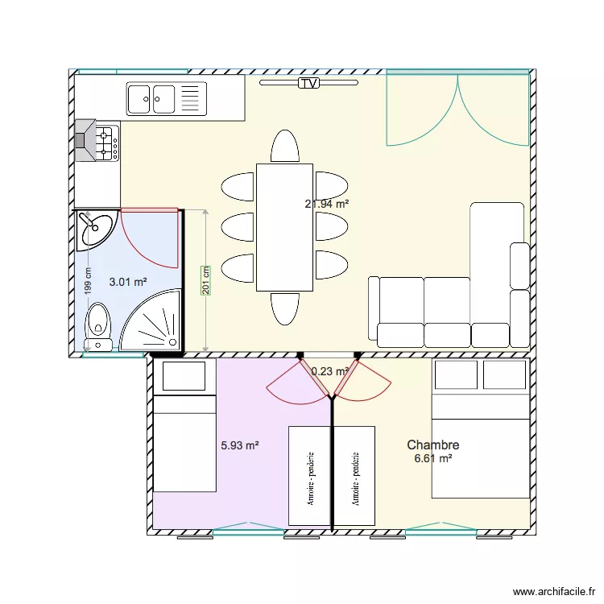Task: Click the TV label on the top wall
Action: (308, 83)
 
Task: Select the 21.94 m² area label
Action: (326, 205)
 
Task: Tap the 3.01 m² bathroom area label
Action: (128, 282)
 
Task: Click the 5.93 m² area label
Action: (239, 445)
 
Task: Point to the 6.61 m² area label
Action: (432, 458)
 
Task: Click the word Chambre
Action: (432, 445)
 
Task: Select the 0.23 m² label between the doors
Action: (329, 371)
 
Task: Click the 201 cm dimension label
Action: (205, 281)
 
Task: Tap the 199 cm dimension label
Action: (88, 283)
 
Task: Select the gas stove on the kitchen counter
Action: (99, 142)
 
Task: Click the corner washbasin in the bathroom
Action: (95, 230)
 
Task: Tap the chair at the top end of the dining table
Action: (284, 147)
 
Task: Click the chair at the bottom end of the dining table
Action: (284, 308)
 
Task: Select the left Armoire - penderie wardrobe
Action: (309, 476)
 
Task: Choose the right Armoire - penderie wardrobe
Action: (354, 476)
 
